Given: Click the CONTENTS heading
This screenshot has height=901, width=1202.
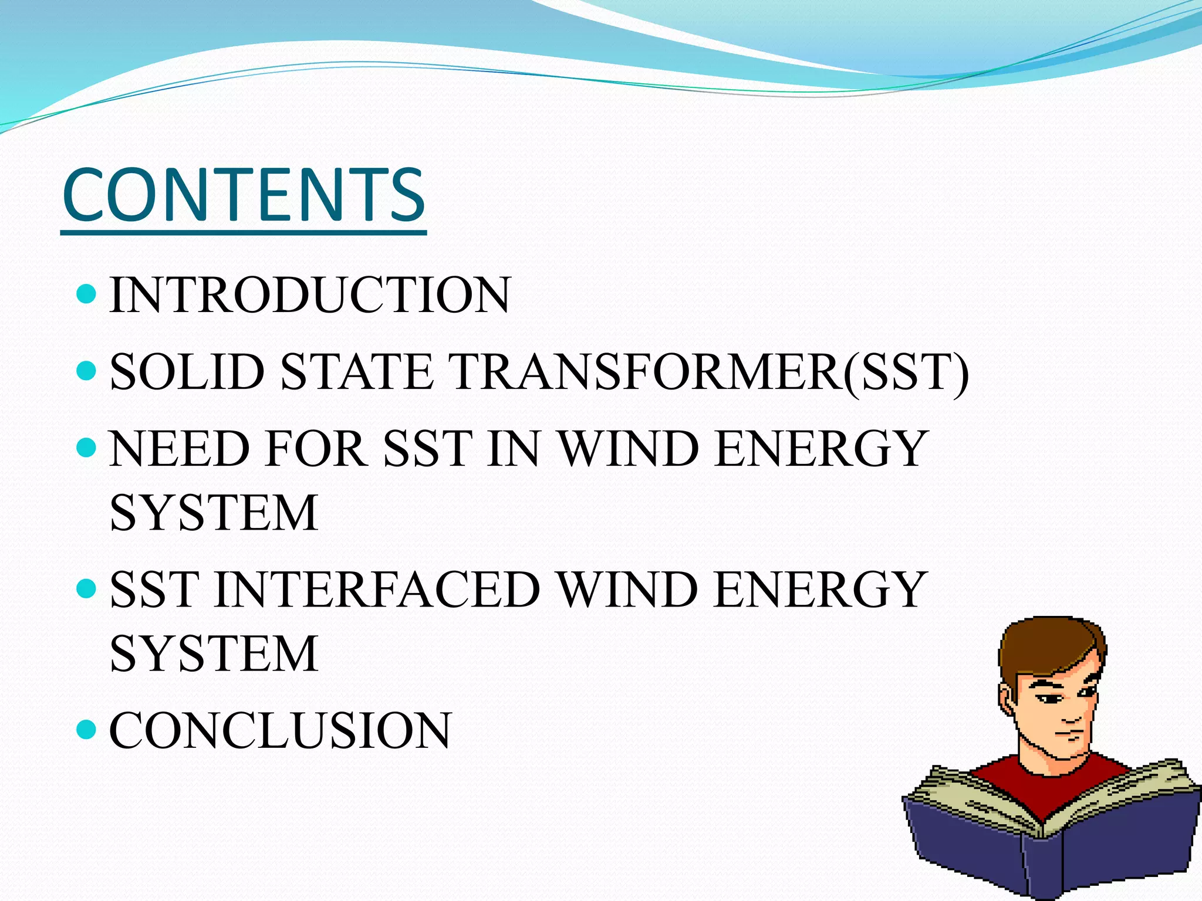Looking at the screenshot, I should tap(244, 195).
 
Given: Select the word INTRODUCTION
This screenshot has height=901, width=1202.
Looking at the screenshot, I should tap(309, 295).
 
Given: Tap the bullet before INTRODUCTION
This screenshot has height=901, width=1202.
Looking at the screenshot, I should tap(86, 293).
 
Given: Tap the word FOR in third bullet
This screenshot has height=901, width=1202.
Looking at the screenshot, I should tap(315, 449).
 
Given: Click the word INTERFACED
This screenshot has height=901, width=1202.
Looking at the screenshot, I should tap(377, 590).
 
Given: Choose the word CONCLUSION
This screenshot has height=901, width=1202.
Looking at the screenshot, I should tap(281, 730).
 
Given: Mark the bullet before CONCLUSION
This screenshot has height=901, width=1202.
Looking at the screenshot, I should tap(86, 729).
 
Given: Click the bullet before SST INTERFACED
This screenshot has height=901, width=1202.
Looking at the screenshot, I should tap(86, 588).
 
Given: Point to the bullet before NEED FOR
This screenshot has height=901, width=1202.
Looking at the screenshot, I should tap(86, 448).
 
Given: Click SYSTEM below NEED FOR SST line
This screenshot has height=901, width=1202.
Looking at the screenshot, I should tap(214, 513).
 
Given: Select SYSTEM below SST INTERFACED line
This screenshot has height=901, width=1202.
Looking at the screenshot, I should tap(214, 654).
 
